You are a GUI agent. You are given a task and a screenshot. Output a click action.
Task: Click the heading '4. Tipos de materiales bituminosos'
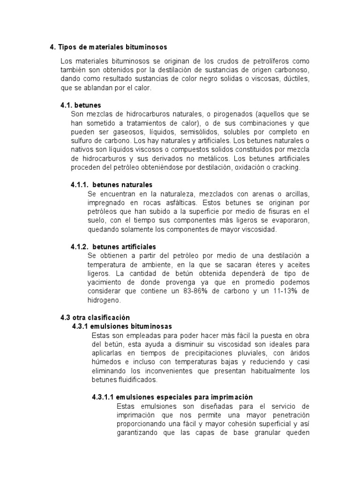(x=108, y=47)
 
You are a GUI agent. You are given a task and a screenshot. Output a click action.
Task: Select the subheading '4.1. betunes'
(x=81, y=105)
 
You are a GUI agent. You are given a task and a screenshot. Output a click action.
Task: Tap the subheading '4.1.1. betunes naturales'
(x=112, y=185)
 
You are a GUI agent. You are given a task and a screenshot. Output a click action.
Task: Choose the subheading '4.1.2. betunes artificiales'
(x=113, y=247)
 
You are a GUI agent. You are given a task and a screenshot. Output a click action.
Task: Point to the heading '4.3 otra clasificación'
(x=95, y=317)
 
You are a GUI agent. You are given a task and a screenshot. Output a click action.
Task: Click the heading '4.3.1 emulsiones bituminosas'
(x=122, y=326)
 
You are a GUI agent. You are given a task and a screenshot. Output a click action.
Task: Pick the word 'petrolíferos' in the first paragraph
(x=274, y=61)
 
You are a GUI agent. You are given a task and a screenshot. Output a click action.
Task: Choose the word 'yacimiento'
(x=105, y=282)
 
